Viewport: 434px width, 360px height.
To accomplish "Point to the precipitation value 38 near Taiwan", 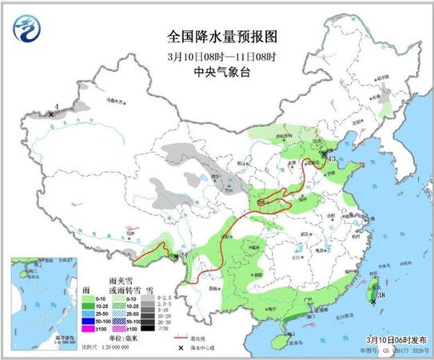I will click(381, 295).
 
